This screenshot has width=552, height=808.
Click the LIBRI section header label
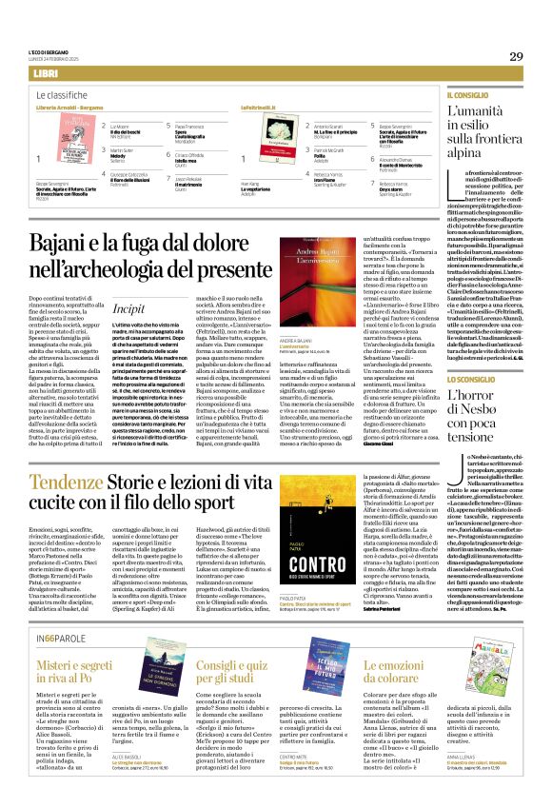[x=45, y=73]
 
